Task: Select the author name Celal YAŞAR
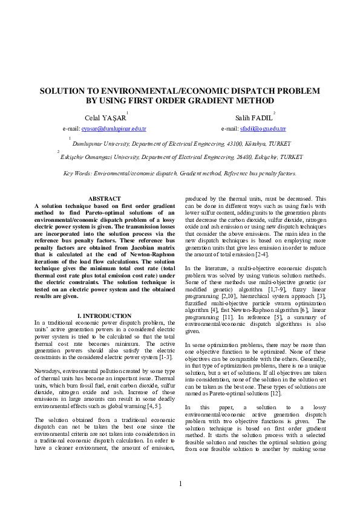(105, 118)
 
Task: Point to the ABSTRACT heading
(105, 199)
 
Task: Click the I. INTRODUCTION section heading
(105, 316)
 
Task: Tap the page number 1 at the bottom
(180, 484)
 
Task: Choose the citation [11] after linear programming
(229, 317)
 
